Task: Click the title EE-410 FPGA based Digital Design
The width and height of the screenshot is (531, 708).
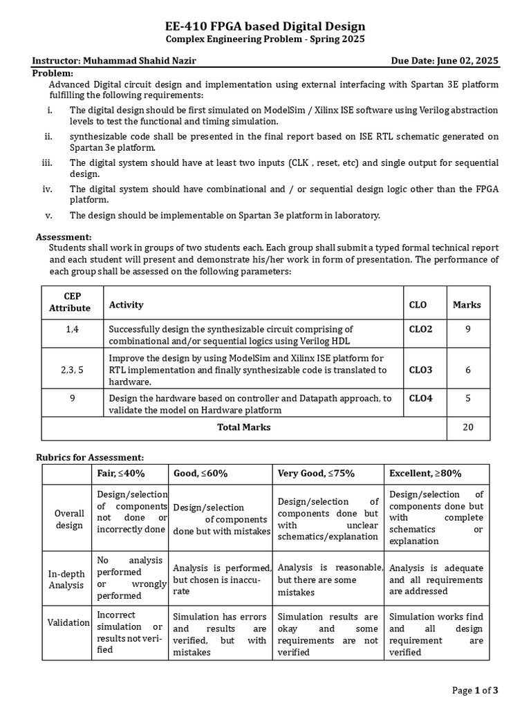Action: (265, 27)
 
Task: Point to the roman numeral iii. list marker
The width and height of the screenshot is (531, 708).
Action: (47, 163)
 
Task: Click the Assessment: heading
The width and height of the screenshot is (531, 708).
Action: (64, 236)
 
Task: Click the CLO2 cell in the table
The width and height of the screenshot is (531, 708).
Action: (420, 329)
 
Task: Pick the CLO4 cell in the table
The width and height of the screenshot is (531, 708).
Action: (420, 398)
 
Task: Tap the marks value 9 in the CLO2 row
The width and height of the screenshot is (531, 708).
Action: (468, 329)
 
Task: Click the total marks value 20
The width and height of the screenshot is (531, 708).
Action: (468, 427)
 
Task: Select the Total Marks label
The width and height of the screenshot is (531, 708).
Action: (244, 427)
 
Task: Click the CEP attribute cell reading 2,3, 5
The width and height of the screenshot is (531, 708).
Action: (73, 370)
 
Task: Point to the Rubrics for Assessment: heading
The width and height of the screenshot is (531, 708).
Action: (89, 457)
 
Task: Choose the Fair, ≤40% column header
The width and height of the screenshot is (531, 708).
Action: (121, 474)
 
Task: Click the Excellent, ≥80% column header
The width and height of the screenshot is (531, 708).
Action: (425, 474)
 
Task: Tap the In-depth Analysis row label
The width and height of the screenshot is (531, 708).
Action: (68, 578)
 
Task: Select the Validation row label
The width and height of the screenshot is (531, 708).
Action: (68, 622)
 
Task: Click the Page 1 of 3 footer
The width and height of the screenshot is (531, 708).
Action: (475, 690)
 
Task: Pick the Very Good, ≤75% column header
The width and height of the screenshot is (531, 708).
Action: (316, 474)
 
